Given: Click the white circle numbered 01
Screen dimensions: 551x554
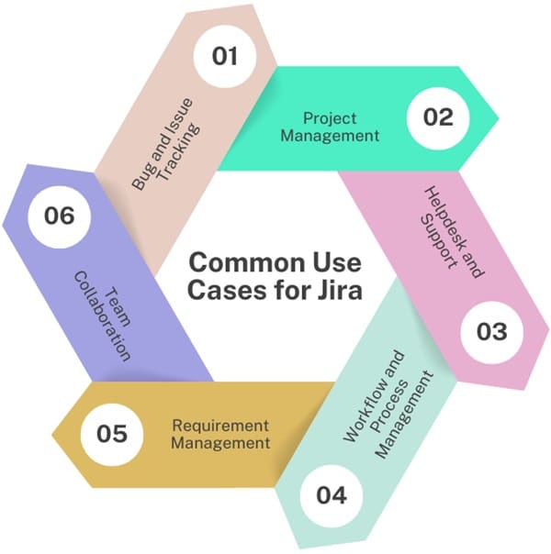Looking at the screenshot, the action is pyautogui.click(x=225, y=56).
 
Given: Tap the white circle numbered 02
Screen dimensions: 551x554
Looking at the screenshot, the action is pyautogui.click(x=438, y=117).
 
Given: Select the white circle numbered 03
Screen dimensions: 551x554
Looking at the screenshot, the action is pyautogui.click(x=492, y=332).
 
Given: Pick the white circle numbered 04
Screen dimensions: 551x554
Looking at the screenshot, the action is pyautogui.click(x=332, y=495).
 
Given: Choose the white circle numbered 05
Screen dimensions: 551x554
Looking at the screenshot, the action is pyautogui.click(x=112, y=434).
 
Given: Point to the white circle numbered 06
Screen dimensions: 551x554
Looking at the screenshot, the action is pyautogui.click(x=60, y=216).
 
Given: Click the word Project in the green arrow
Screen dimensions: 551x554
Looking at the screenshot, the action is pyautogui.click(x=330, y=118).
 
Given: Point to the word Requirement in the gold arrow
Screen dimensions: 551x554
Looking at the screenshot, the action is pyautogui.click(x=220, y=426).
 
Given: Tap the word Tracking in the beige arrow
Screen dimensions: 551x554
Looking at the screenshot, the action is pyautogui.click(x=179, y=152).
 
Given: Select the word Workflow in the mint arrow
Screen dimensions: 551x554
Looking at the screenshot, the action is pyautogui.click(x=375, y=397).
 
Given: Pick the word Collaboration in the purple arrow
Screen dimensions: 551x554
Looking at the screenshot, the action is pyautogui.click(x=102, y=316).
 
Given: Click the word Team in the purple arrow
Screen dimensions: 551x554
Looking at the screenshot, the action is pyautogui.click(x=118, y=306).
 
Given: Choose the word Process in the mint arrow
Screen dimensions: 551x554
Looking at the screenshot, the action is pyautogui.click(x=389, y=407).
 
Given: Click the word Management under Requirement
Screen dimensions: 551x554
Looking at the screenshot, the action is pyautogui.click(x=220, y=443).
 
